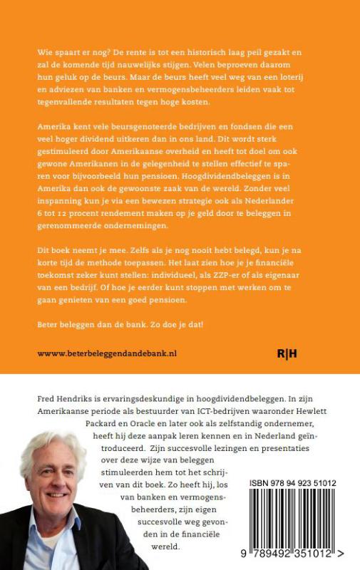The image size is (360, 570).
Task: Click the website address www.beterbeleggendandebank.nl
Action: pyautogui.click(x=106, y=353)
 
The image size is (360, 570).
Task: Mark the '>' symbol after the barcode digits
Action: pyautogui.click(x=344, y=551)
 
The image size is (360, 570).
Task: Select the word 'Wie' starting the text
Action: pyautogui.click(x=44, y=53)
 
